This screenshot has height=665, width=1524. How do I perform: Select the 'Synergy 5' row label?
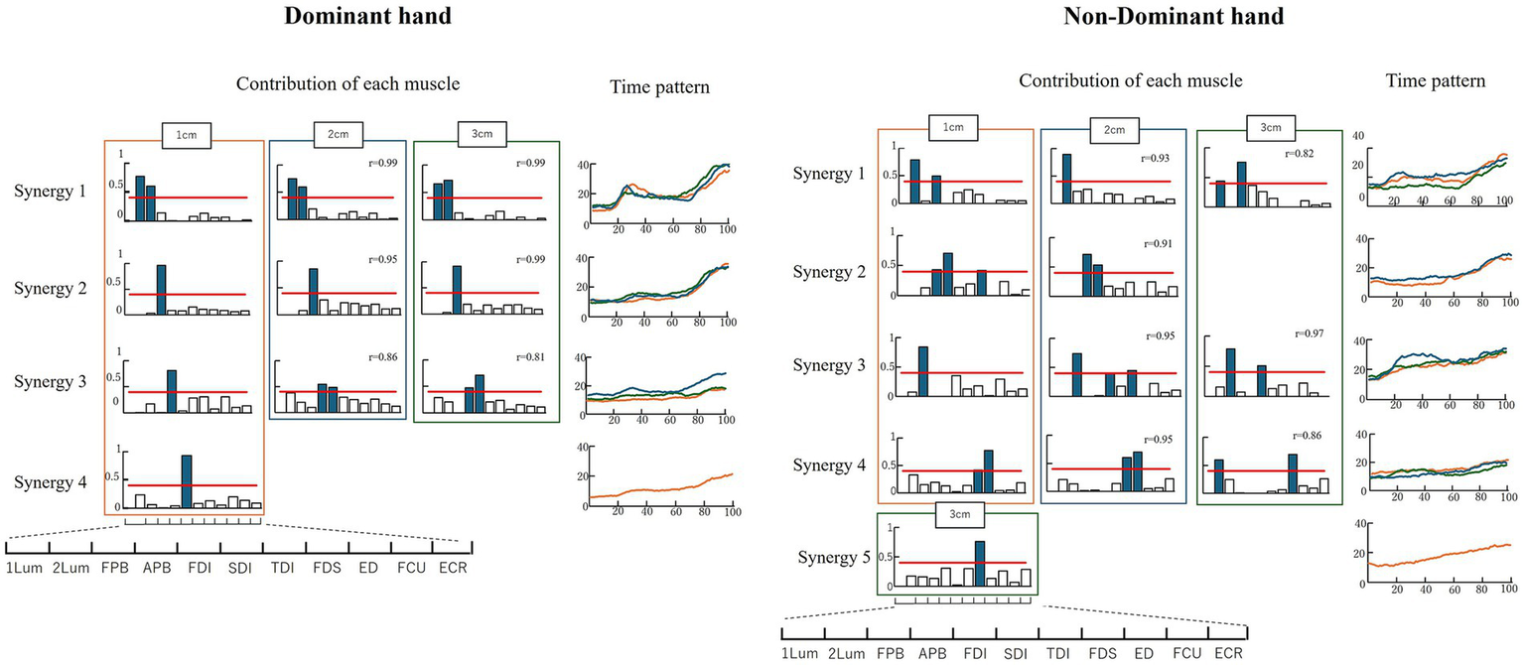833,556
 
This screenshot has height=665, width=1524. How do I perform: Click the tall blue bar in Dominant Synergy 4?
187,480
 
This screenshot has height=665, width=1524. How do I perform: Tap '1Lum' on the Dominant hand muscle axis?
24,569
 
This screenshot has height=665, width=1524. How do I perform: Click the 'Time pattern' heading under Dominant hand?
659,87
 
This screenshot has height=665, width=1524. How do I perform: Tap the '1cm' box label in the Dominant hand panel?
186,134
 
